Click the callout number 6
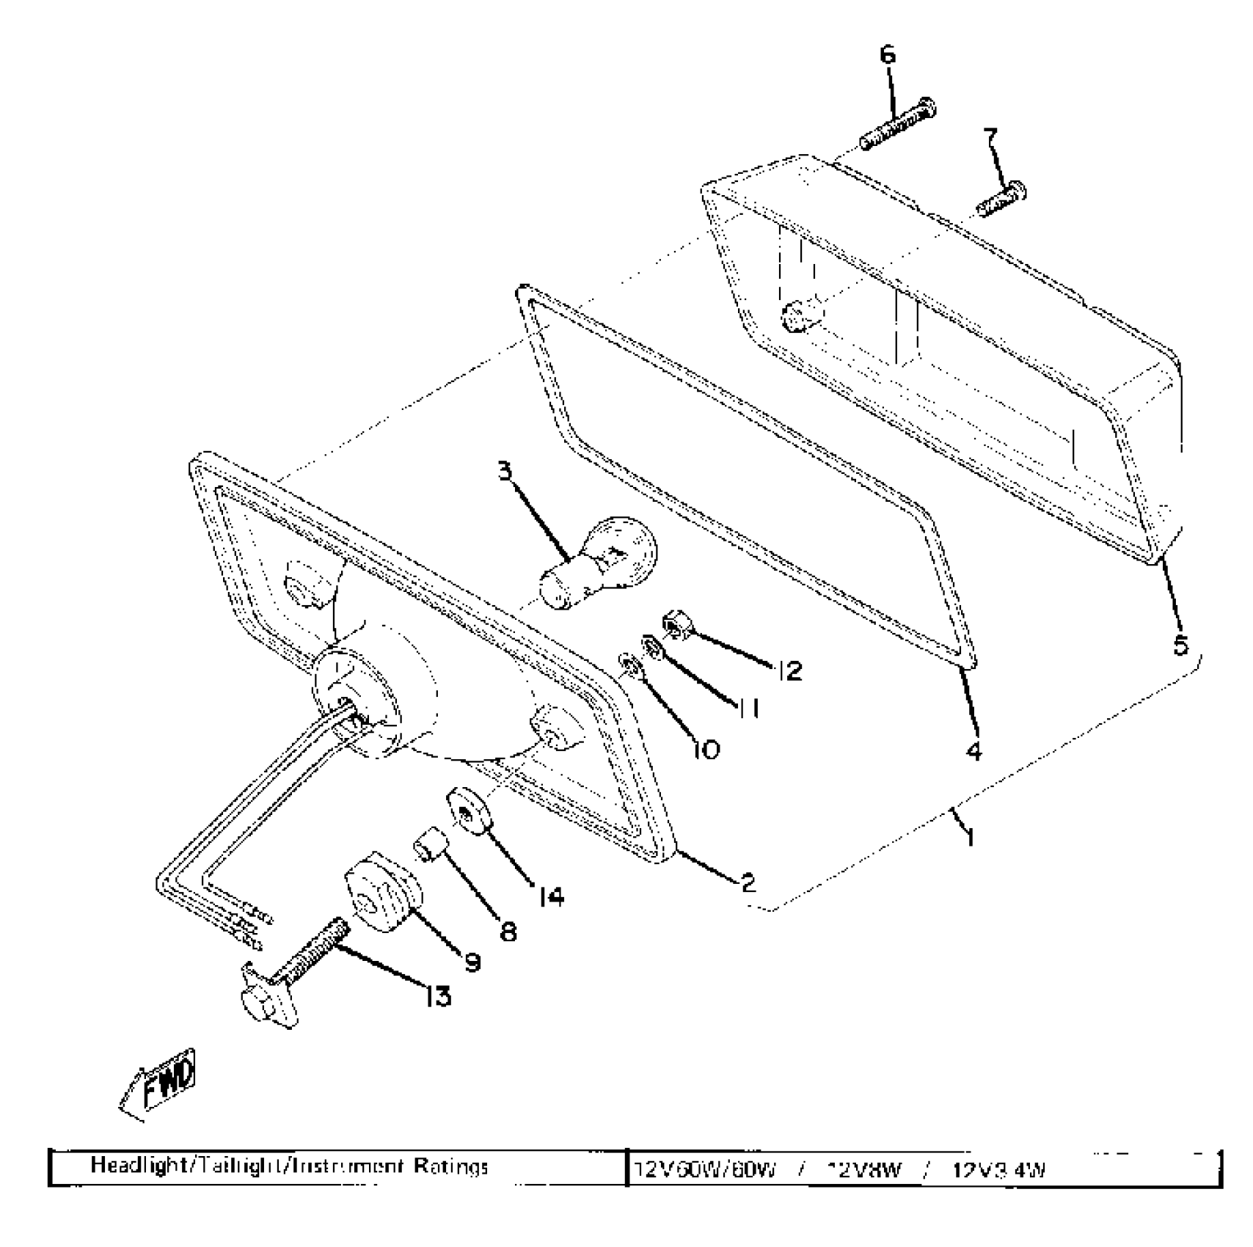tap(888, 55)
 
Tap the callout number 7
tap(990, 136)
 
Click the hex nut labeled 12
tap(673, 624)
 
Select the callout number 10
tap(705, 749)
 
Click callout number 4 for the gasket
tap(973, 751)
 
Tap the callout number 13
tap(438, 995)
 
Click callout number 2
tap(748, 882)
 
